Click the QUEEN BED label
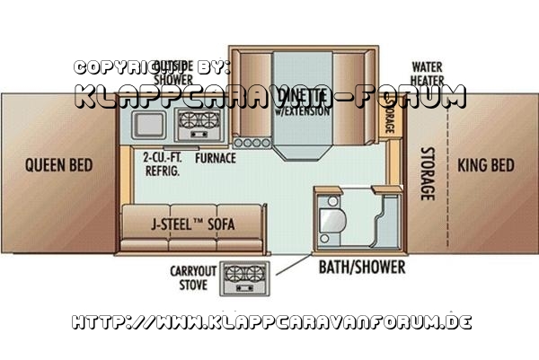(x=59, y=165)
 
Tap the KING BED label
(x=486, y=165)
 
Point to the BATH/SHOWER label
(x=362, y=268)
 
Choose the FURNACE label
(x=216, y=158)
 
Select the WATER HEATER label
(x=429, y=74)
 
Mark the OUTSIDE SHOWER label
(x=171, y=71)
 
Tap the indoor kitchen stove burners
(x=199, y=124)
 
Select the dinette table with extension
(x=305, y=103)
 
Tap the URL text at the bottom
(x=269, y=320)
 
